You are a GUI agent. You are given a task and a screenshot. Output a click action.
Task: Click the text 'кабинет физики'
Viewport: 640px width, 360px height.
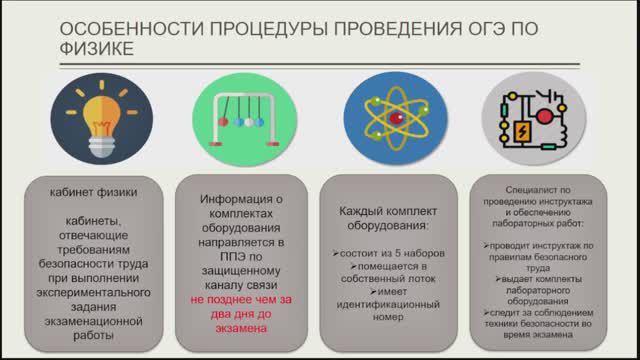[x=97, y=192]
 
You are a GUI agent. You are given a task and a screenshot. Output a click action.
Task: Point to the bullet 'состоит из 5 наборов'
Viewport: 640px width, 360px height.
[x=383, y=253]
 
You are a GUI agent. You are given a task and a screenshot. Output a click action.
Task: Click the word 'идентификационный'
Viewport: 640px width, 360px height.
[x=383, y=304]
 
